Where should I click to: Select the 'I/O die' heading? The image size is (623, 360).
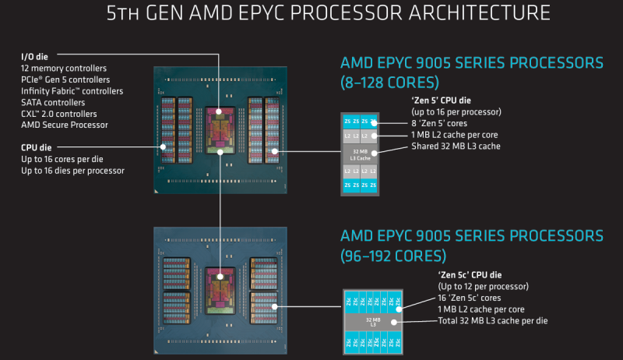(35, 57)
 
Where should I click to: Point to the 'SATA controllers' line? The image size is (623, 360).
(54, 102)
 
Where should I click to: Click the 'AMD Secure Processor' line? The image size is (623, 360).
(65, 125)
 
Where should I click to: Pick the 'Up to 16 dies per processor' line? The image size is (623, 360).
(72, 170)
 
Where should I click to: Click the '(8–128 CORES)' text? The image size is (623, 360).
(389, 80)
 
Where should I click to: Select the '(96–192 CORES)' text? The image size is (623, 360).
(393, 255)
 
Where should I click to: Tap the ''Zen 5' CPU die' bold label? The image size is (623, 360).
(443, 101)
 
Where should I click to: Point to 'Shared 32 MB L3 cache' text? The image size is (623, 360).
(456, 146)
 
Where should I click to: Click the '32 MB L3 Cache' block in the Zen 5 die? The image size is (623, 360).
(360, 154)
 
